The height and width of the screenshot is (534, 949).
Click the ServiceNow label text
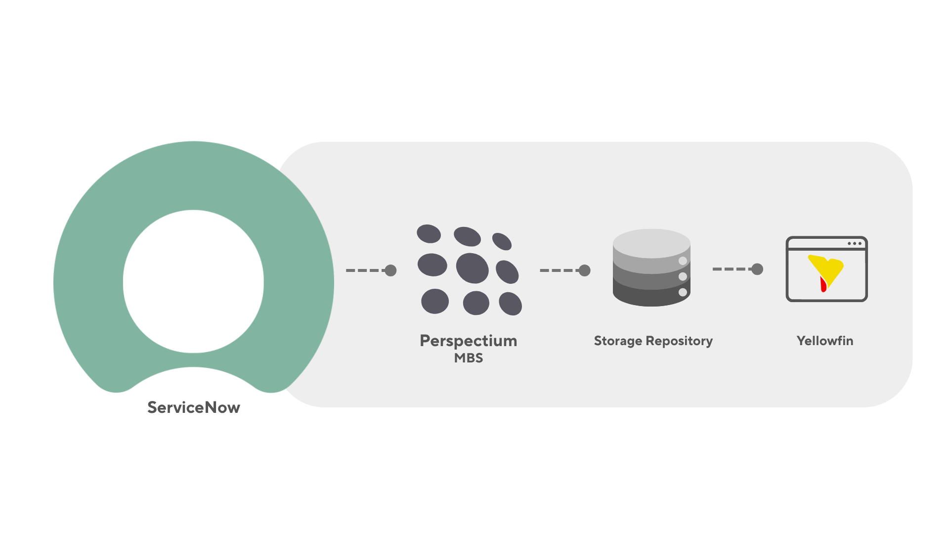(194, 407)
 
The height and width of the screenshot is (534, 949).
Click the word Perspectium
(468, 341)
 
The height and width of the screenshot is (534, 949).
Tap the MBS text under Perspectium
(468, 358)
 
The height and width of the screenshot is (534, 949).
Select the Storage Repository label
(653, 341)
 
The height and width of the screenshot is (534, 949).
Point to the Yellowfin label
(824, 341)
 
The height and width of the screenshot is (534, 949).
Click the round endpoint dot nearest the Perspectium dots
(390, 270)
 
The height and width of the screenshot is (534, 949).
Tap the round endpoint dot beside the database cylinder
(585, 270)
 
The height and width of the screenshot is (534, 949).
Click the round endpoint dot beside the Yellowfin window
(757, 269)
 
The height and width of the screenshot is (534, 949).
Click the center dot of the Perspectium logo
(472, 268)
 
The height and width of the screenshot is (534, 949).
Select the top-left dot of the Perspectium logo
(429, 234)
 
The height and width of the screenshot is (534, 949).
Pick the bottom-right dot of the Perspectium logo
(510, 303)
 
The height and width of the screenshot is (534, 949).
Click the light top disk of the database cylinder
(651, 242)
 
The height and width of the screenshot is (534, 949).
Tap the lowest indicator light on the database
(683, 292)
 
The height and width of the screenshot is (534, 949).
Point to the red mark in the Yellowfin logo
(823, 284)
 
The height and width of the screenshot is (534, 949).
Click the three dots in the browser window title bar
(854, 243)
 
